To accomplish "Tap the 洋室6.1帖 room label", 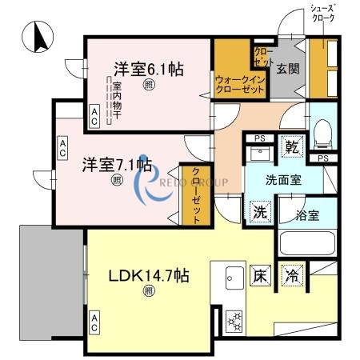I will pos(148,69).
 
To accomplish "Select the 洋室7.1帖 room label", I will pos(118,165).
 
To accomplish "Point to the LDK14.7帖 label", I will pos(149,276).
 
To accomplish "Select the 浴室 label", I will pos(306,214).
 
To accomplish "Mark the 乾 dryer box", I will pos(293,147).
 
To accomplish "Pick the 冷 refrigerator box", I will pos(294,275).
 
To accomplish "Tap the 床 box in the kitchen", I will pos(260,275).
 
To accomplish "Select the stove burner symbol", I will pos(235,319).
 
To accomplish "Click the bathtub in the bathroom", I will pos(306,242).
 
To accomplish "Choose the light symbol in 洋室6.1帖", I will pos(148,85).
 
